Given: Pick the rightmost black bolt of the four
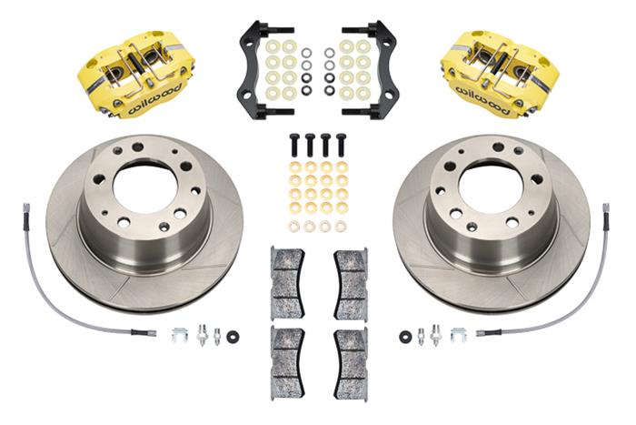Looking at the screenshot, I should click(341, 145).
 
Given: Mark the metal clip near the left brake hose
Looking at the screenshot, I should click(180, 335).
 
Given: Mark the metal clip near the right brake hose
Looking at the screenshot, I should click(455, 335).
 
